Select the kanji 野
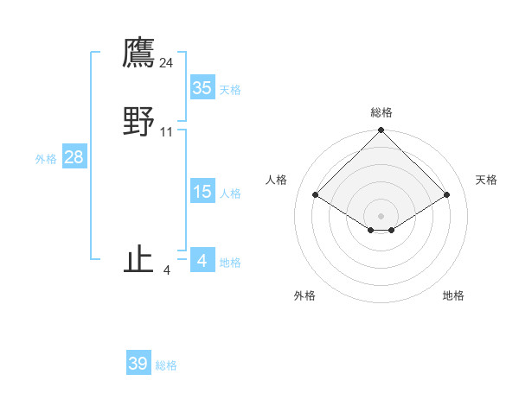[x=138, y=123]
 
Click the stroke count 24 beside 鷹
[x=167, y=62]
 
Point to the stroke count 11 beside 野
[x=167, y=132]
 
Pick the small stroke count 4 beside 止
[x=167, y=270]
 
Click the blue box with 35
[x=202, y=88]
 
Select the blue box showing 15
[x=202, y=192]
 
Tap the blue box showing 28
[x=74, y=157]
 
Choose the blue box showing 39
[x=138, y=364]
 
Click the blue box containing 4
[x=202, y=260]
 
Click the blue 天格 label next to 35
[x=230, y=90]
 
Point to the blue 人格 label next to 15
[x=230, y=193]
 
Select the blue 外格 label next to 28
[x=46, y=159]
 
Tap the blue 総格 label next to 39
[x=166, y=365]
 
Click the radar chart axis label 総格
[x=381, y=112]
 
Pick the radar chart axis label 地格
[x=453, y=295]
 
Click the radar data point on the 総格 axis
[x=381, y=130]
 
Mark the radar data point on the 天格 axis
[x=447, y=194]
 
